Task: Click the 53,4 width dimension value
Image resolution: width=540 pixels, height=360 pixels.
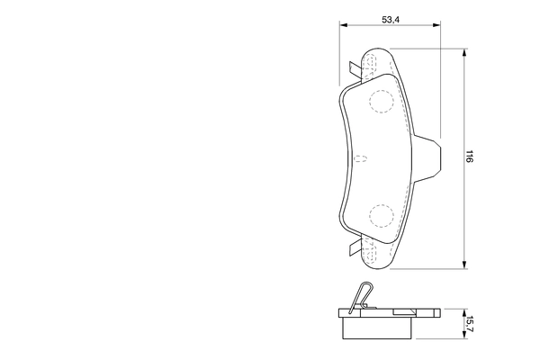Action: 390,17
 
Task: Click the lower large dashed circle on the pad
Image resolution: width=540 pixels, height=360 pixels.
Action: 382,216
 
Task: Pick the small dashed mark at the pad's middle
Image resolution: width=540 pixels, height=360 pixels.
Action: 361,159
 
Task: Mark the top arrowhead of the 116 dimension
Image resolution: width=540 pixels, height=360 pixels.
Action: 463,51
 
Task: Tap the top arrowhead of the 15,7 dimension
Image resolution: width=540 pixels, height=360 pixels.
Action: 463,310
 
